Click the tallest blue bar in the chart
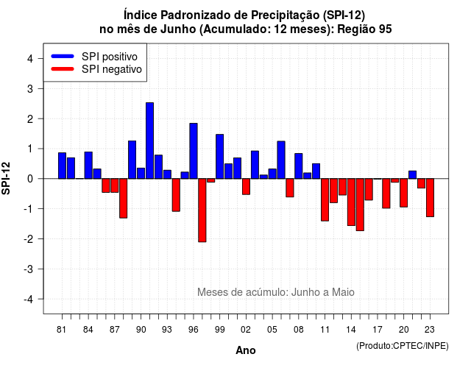click(x=149, y=141)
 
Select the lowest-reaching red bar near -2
click(x=202, y=210)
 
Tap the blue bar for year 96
click(x=194, y=151)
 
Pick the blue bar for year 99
click(x=219, y=157)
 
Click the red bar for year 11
click(x=325, y=199)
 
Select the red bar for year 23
click(x=430, y=198)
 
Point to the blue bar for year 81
click(x=62, y=166)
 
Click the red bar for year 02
click(x=246, y=186)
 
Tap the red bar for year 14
click(x=351, y=202)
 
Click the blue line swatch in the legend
click(x=63, y=56)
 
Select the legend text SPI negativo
click(x=111, y=69)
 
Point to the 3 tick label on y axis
click(x=29, y=88)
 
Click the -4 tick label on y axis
click(x=28, y=300)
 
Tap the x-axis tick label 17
click(x=378, y=330)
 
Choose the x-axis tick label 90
click(x=141, y=330)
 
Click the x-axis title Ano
click(x=246, y=350)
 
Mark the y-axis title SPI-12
click(x=6, y=178)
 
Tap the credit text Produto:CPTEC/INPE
click(x=403, y=346)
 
